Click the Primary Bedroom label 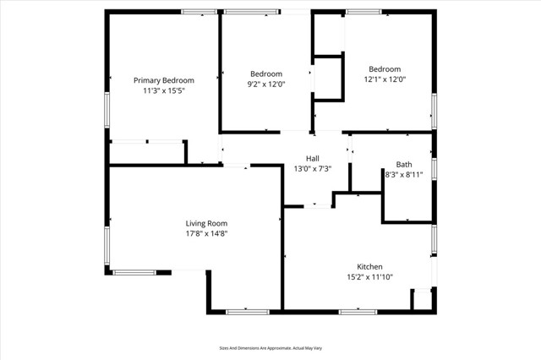tap(164, 80)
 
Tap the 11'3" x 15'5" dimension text tap(164, 90)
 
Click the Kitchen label tap(369, 265)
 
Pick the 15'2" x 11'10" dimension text tap(369, 275)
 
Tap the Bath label tap(404, 164)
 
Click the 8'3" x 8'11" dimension tap(404, 174)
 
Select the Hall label tap(313, 158)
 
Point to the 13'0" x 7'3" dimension tap(313, 168)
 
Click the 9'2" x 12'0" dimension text tap(265, 84)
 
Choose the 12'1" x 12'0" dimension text tap(384, 79)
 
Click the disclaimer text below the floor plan tap(270, 347)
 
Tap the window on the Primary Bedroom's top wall tap(199, 12)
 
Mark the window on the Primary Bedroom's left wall tap(107, 109)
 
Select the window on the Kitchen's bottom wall tap(358, 312)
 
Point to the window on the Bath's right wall tap(434, 166)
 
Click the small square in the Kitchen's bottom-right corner tap(420, 299)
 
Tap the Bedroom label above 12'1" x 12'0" tap(384, 69)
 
